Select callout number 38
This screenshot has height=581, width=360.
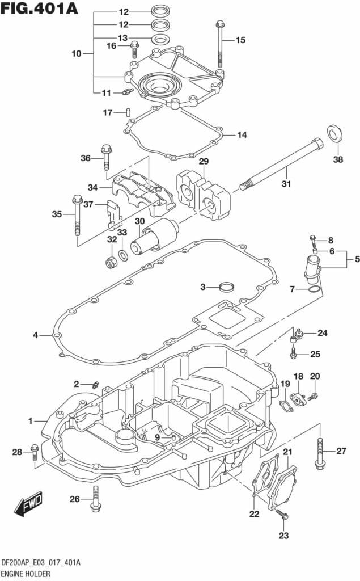click(338, 159)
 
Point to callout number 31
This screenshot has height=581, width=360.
click(286, 183)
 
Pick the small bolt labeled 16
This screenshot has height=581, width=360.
click(134, 50)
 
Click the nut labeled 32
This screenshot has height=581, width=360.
click(112, 262)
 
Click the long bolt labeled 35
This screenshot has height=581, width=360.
click(77, 218)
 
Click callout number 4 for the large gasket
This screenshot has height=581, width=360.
click(35, 335)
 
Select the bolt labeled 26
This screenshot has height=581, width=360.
click(95, 499)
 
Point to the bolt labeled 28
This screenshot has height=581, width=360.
click(35, 452)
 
